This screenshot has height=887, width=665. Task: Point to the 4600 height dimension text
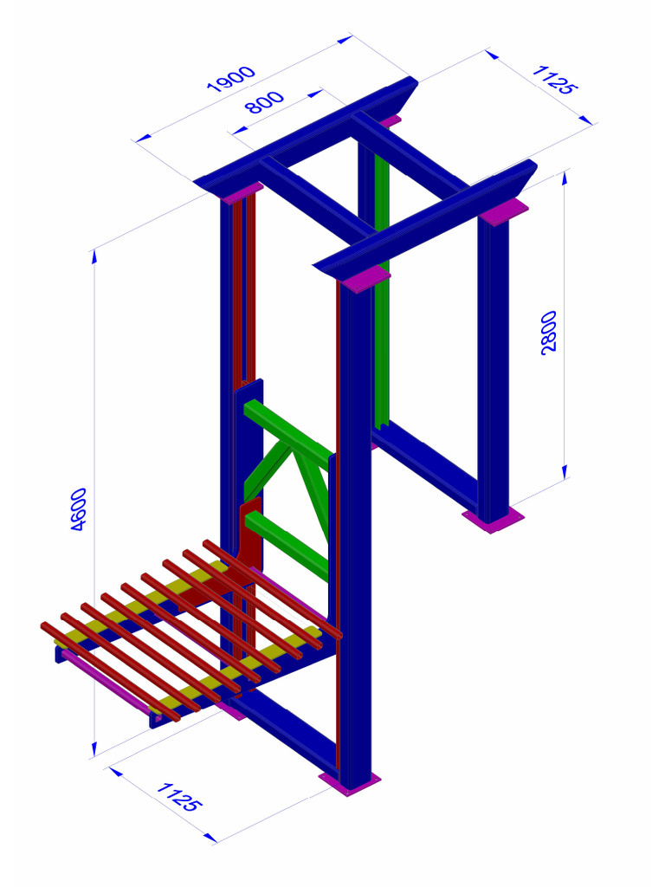tap(77, 509)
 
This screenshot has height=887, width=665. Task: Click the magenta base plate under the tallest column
tap(350, 783)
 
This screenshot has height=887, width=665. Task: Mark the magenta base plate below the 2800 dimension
tap(493, 520)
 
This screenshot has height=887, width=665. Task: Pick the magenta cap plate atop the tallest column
tap(364, 278)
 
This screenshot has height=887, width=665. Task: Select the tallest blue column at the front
tap(355, 537)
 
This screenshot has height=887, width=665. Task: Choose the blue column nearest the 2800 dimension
tap(494, 364)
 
